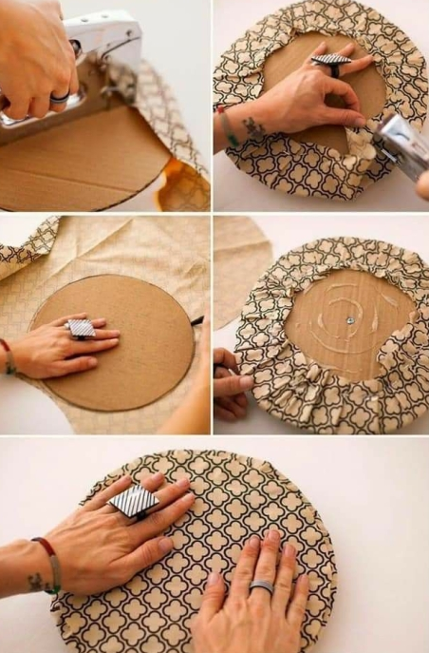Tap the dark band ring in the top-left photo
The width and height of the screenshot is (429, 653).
click(59, 97)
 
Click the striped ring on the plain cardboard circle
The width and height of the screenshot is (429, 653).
click(82, 328)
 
